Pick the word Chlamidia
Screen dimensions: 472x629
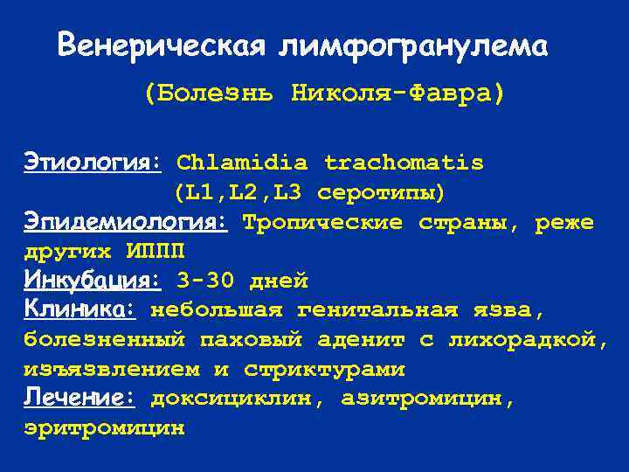click(x=242, y=163)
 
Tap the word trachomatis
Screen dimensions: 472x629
click(x=404, y=163)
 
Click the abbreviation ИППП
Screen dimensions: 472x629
click(x=156, y=252)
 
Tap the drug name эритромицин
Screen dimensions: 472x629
click(x=104, y=427)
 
